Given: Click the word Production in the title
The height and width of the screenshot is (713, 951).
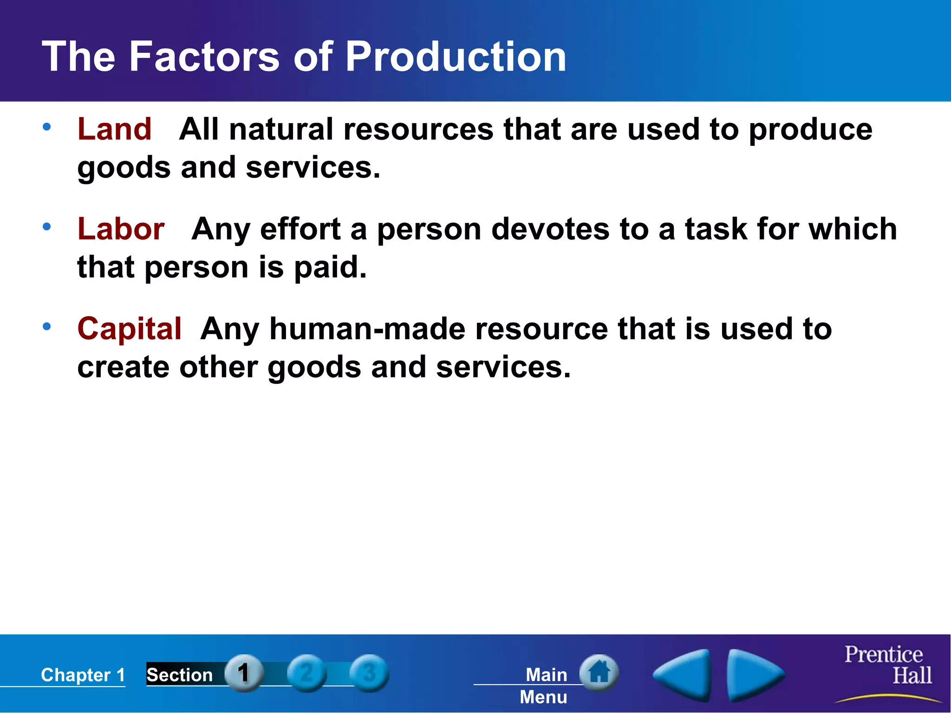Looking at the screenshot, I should tap(455, 57).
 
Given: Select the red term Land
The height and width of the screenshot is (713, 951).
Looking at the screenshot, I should tap(114, 129).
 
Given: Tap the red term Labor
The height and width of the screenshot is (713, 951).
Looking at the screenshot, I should tap(121, 229).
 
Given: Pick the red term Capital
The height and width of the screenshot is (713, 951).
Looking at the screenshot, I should tap(129, 329).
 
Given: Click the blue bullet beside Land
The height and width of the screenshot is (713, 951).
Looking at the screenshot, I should tap(46, 127).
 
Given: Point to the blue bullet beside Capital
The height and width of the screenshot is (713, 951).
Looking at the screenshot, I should tap(46, 327).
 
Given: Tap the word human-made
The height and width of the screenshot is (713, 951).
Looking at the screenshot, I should tap(367, 329).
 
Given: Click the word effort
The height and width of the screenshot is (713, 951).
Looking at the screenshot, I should tap(300, 229).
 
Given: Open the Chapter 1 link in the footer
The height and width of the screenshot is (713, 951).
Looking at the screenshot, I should tap(83, 675).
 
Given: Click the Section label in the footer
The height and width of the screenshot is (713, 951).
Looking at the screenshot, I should tap(179, 675).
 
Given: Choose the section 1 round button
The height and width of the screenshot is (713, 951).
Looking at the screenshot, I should tap(244, 673).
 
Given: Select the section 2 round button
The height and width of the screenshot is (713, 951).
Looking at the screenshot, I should tap(306, 673).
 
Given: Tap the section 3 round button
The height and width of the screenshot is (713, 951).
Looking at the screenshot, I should tap(369, 673).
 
